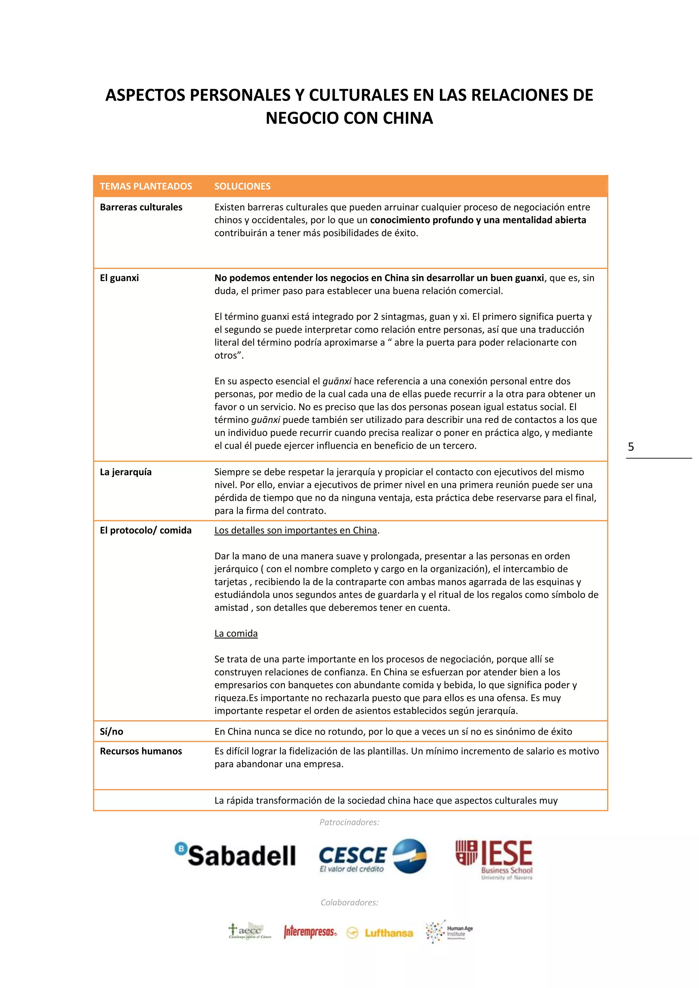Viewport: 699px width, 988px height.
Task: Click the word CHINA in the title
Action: pos(407,118)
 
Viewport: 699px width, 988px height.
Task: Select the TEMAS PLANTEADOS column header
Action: pos(146,186)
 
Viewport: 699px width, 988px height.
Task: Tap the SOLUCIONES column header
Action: pos(242,186)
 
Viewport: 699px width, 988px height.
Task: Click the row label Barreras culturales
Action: pos(141,207)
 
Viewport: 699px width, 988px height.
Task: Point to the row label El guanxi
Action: pos(119,278)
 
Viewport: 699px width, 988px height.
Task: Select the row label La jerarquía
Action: pos(126,472)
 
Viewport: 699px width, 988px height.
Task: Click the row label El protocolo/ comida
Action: pos(145,530)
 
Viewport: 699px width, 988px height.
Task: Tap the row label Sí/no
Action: pos(112,731)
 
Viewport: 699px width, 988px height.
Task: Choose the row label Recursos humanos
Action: pos(141,751)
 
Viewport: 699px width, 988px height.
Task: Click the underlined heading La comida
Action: pos(236,634)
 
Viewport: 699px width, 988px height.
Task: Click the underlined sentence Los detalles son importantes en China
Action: pos(296,530)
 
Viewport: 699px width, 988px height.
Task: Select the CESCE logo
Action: pos(373,856)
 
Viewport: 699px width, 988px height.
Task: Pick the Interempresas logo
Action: pos(310,932)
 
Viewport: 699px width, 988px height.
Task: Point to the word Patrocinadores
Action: pos(349,822)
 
